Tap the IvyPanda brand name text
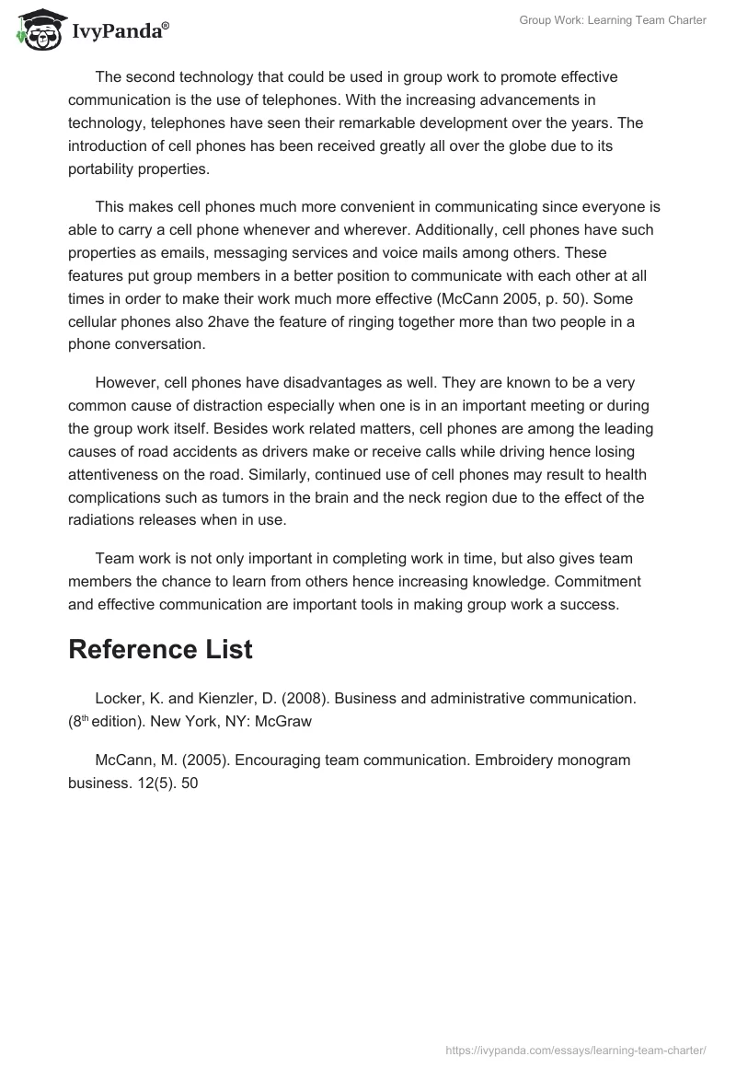coord(120,31)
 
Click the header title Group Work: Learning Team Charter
coord(613,20)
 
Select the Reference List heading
coord(160,648)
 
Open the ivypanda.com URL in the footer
coord(576,1050)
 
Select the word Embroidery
coord(504,760)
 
